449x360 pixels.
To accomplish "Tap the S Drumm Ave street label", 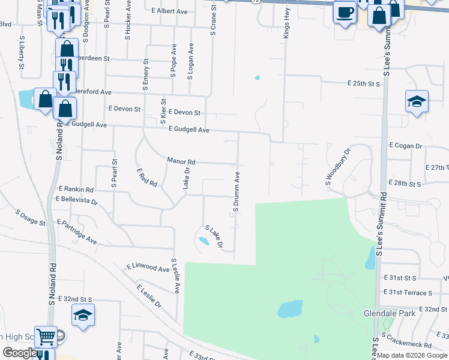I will (237, 191).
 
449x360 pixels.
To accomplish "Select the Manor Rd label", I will (181, 161).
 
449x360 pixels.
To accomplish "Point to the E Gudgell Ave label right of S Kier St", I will (188, 129).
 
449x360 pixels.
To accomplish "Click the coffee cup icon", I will (345, 13).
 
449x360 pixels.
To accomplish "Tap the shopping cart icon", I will (45, 337).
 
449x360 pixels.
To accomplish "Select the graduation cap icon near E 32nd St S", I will (83, 316).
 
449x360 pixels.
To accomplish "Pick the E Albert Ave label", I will (170, 11).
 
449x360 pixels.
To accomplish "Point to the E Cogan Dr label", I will (406, 146).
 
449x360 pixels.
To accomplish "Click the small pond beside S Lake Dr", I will (204, 241).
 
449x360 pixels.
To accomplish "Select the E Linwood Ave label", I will (148, 268).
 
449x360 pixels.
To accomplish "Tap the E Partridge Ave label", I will (77, 231).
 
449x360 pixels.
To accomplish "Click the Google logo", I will (19, 353).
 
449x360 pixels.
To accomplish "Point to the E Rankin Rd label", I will (76, 189).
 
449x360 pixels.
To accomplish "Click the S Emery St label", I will (145, 75).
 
